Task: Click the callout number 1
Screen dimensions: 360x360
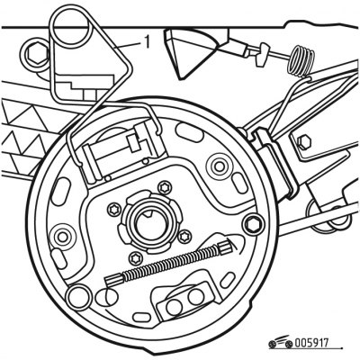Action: [x=146, y=42]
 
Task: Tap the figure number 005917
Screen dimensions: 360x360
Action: [x=311, y=343]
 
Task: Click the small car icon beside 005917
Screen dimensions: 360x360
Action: [x=281, y=342]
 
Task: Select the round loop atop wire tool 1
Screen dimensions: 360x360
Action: [x=71, y=26]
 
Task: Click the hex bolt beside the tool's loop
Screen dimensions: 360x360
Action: [x=34, y=55]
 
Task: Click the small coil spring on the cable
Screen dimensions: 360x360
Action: [x=301, y=62]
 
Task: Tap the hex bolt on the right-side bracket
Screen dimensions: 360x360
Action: [x=303, y=141]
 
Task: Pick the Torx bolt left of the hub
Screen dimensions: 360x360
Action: [x=114, y=209]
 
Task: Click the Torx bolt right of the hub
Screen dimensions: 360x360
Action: [x=184, y=237]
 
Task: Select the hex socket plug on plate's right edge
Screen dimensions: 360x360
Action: [x=254, y=224]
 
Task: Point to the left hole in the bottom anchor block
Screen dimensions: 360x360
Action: [x=174, y=307]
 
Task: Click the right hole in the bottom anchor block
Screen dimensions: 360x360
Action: [x=195, y=297]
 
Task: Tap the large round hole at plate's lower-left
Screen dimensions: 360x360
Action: [x=78, y=297]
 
